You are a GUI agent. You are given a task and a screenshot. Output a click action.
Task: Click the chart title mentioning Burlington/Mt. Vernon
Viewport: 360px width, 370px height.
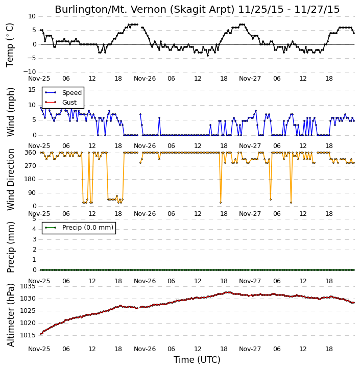197,10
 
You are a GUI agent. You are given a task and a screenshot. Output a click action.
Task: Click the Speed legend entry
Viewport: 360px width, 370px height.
63,92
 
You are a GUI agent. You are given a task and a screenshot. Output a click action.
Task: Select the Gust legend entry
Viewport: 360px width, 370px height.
61,102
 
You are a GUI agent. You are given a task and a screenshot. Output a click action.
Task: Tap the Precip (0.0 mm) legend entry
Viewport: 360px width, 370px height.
79,228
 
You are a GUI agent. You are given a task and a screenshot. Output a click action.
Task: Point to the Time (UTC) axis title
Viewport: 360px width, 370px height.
197,360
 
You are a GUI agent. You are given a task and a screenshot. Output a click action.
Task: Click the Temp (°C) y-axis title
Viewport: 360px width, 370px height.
10,45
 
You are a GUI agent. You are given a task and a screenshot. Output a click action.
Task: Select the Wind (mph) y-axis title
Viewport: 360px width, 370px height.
11,112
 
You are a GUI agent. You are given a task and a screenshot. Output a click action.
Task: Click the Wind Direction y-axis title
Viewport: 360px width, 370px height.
11,180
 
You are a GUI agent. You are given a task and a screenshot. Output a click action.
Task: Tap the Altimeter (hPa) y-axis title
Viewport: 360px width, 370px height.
11,315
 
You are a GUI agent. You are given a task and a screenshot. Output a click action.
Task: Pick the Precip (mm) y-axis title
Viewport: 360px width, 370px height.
11,247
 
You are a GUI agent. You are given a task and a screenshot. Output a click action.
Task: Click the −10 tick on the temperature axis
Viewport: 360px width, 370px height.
29,72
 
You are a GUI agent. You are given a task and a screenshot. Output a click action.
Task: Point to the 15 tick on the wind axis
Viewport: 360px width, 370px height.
32,90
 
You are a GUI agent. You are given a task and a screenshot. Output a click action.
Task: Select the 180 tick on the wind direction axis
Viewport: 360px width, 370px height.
31,179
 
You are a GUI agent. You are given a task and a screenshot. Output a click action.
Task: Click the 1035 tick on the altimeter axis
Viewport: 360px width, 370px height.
28,286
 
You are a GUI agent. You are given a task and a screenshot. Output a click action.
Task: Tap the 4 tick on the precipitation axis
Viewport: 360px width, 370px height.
34,229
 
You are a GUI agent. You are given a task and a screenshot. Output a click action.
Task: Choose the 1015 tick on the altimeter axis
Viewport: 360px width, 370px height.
28,335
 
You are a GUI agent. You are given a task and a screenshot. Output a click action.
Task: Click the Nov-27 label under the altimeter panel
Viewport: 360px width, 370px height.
250,349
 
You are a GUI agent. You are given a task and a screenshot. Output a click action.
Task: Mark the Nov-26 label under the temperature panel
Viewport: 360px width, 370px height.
145,79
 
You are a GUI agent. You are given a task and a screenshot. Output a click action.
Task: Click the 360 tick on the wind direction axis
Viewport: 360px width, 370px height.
31,153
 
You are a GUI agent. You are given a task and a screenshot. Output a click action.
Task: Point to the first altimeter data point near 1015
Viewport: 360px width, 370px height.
41,334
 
